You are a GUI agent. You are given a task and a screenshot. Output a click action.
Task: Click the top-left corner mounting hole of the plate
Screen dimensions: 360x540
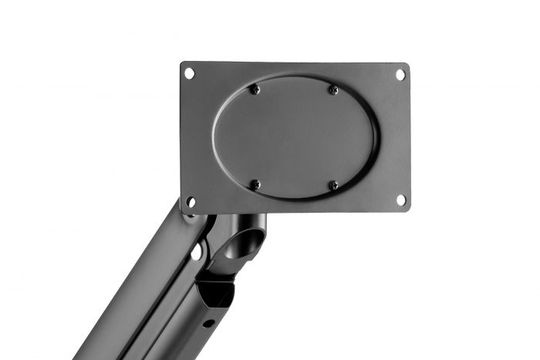pyautogui.click(x=189, y=73)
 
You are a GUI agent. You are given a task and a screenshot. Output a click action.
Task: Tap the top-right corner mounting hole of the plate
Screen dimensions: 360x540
pyautogui.click(x=400, y=75)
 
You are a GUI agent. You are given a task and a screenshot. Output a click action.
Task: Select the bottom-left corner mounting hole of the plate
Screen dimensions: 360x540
pyautogui.click(x=190, y=202)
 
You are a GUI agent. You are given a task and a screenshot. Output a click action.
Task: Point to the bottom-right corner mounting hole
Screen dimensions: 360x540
pyautogui.click(x=400, y=200)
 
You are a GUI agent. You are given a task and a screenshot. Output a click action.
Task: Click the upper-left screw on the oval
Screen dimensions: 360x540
pyautogui.click(x=255, y=89)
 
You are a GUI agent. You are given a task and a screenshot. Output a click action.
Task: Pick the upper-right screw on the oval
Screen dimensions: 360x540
pyautogui.click(x=333, y=89)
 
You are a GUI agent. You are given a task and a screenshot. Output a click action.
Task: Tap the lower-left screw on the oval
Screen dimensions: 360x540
pyautogui.click(x=255, y=185)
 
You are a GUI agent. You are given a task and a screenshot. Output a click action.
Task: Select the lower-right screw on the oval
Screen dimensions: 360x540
pyautogui.click(x=333, y=185)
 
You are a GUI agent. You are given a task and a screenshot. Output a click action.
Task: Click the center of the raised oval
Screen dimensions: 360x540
pyautogui.click(x=295, y=137)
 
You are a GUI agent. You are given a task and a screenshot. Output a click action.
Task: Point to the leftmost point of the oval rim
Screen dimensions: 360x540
pyautogui.click(x=213, y=137)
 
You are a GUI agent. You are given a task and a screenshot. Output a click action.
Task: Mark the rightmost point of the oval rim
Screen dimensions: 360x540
pyautogui.click(x=376, y=137)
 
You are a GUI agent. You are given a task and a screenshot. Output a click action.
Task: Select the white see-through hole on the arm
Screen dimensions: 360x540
pyautogui.click(x=197, y=251)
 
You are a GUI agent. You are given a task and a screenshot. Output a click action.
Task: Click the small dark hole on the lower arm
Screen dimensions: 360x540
pyautogui.click(x=206, y=323)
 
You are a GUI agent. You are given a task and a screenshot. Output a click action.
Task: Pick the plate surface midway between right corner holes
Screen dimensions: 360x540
pyautogui.click(x=400, y=137)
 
